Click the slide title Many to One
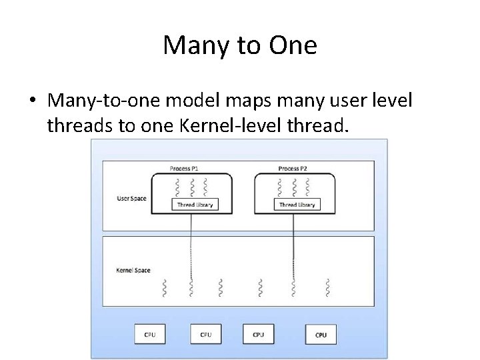pos(240,45)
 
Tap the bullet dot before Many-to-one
pos(32,101)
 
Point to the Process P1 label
pos(192,169)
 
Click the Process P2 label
pos(293,169)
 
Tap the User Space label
pos(131,199)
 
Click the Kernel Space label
pos(133,270)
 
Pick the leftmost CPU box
pos(149,333)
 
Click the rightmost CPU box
pos(321,334)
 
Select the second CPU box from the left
pos(205,333)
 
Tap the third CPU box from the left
pos(258,333)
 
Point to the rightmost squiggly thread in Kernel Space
pos(327,288)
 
